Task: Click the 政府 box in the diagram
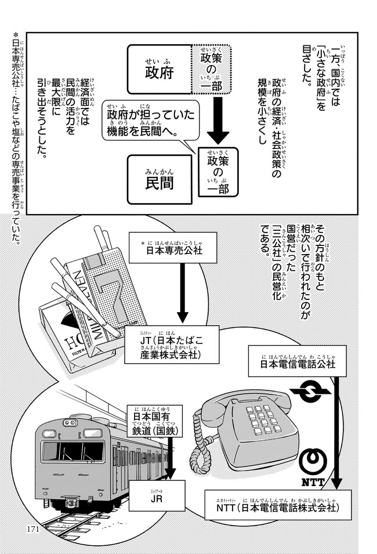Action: [159, 71]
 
